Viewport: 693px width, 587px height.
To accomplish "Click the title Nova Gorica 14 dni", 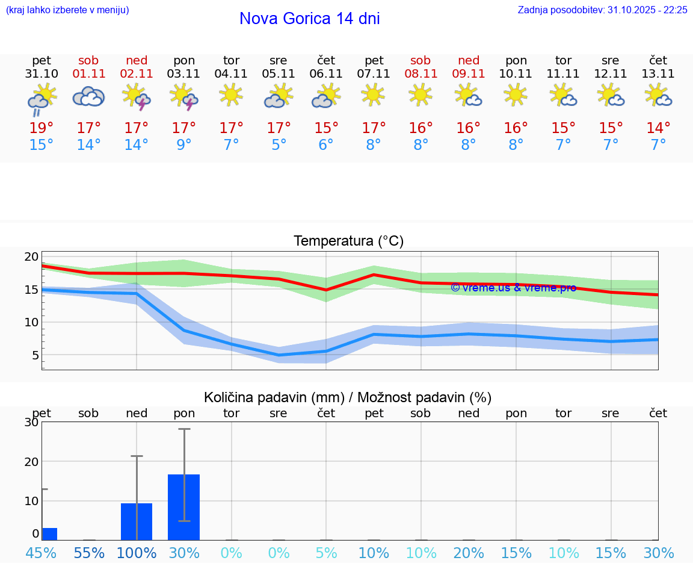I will click(309, 19).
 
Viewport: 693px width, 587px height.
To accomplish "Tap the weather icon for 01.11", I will click(88, 96).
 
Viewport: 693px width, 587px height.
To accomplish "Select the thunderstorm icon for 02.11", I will click(136, 96).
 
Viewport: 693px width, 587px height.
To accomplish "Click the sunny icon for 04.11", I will click(231, 95).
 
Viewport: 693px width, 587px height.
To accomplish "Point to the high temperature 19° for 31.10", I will click(42, 128).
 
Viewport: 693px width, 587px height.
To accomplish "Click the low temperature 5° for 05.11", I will click(279, 145).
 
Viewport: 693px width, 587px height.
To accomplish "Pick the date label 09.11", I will click(469, 74).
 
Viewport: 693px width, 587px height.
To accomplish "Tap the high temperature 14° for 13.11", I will click(658, 128).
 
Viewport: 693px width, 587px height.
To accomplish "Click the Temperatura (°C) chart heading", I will click(348, 241).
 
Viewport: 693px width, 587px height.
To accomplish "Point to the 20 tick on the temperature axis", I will click(31, 256).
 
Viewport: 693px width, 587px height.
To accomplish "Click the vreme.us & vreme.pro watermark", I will click(513, 288).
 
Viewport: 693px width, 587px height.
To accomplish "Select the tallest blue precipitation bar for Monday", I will click(183, 507).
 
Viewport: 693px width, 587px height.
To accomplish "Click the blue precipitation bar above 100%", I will click(137, 521).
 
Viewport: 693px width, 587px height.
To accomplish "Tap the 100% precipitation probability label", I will click(137, 553).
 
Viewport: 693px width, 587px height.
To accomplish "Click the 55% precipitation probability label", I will click(89, 553).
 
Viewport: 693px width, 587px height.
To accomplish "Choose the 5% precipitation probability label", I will click(326, 553).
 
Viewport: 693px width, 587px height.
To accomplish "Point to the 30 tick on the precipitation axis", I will click(31, 422).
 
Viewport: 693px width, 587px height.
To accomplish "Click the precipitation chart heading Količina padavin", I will click(348, 397).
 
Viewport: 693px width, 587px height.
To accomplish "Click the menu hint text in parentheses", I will click(67, 10).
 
